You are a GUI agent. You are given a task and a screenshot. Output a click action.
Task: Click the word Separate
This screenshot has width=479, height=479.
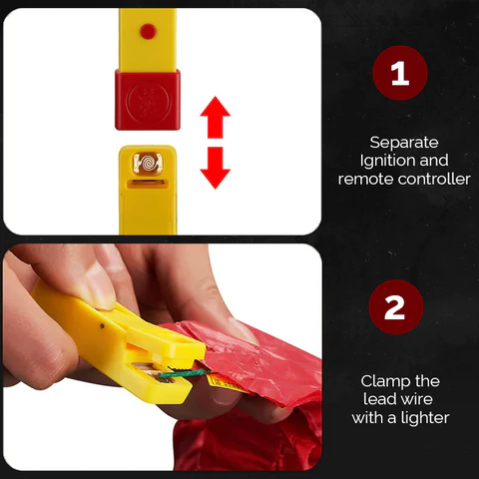pyautogui.click(x=404, y=142)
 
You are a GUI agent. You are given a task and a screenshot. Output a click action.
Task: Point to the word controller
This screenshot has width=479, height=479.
pyautogui.click(x=433, y=180)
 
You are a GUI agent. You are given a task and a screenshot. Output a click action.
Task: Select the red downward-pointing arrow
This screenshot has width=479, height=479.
pyautogui.click(x=214, y=169)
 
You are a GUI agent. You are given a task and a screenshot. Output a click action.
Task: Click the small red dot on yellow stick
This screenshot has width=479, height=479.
pyautogui.click(x=148, y=31)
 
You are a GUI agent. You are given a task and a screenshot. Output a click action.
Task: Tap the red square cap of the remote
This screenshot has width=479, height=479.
pyautogui.click(x=147, y=100)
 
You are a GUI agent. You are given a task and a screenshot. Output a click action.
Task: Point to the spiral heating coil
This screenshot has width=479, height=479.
pyautogui.click(x=147, y=159)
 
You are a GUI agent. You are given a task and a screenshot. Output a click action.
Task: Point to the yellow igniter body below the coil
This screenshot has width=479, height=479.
pyautogui.click(x=148, y=205)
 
